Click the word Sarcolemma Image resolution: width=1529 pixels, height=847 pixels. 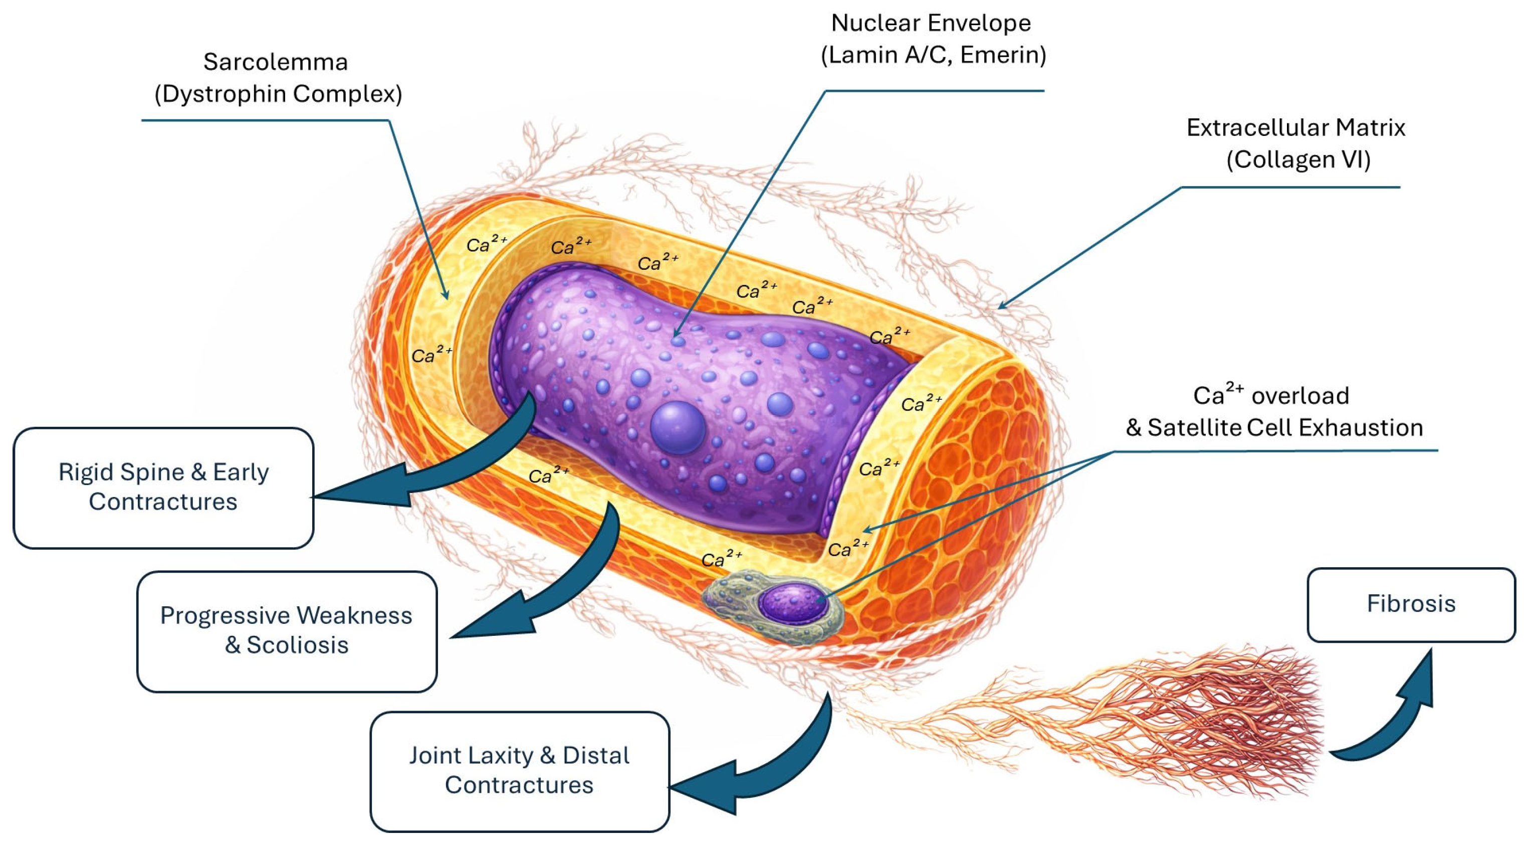coord(276,62)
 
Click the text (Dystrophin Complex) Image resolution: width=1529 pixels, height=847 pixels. coord(278,94)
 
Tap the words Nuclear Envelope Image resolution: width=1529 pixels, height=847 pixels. coord(930,24)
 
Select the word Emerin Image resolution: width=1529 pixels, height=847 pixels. coord(1001,55)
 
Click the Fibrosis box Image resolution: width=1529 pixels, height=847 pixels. coord(1410,604)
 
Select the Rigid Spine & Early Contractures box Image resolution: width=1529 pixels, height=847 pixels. coord(163,487)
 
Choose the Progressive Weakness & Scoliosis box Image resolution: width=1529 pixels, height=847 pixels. coord(287,631)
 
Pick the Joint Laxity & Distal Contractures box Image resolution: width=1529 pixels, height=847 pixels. coord(519,770)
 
